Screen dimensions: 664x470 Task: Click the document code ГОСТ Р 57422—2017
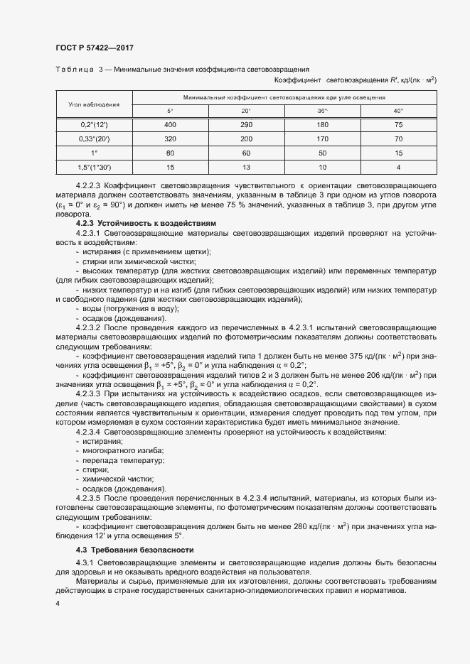click(x=94, y=48)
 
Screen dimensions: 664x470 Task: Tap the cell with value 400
click(x=170, y=125)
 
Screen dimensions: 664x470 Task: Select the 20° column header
click(x=246, y=111)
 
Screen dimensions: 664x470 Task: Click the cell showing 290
click(x=246, y=125)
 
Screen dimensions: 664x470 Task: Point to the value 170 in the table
click(x=322, y=138)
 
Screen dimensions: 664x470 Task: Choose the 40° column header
click(x=398, y=111)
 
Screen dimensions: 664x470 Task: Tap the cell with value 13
click(x=246, y=166)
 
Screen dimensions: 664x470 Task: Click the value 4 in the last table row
click(x=398, y=166)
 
